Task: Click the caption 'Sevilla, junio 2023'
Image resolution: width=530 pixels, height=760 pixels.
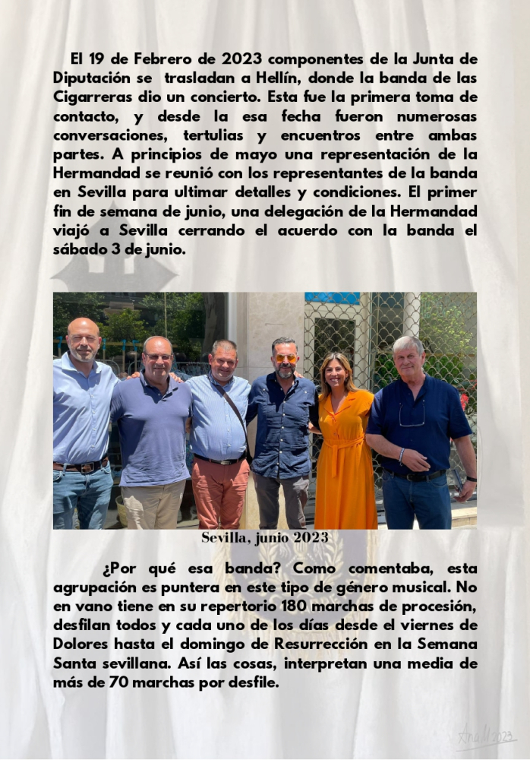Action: point(264,538)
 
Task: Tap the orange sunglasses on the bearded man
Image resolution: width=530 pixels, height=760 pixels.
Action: point(286,359)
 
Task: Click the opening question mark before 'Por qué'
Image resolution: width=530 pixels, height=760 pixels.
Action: point(106,568)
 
